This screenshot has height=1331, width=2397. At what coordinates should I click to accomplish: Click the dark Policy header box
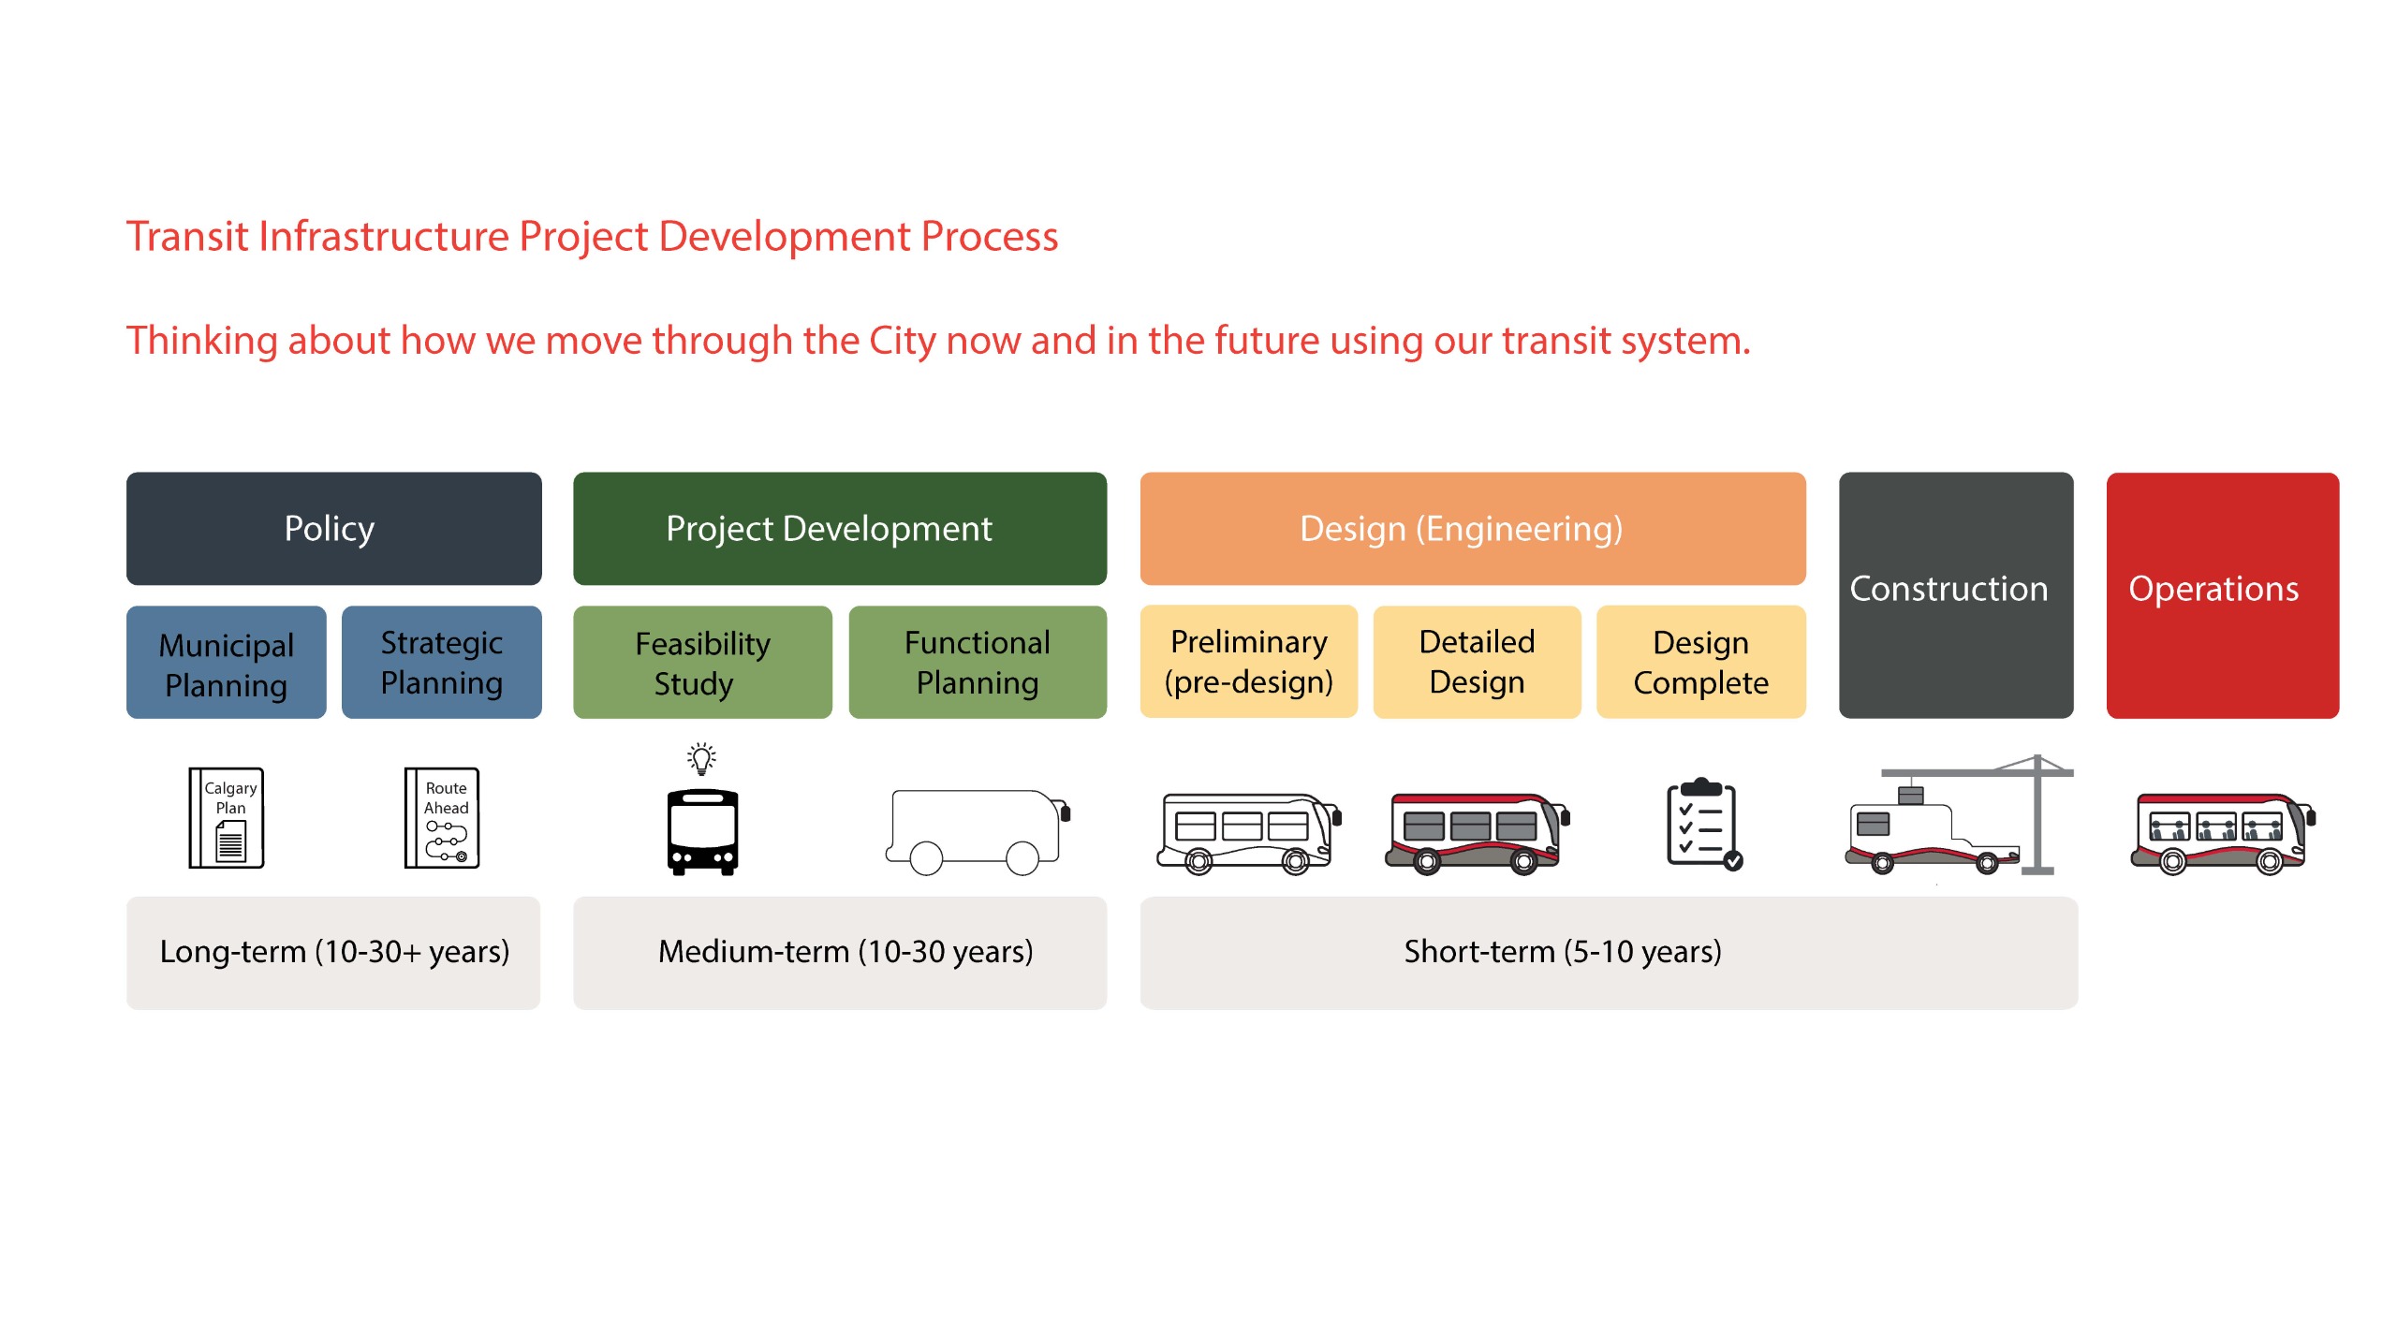[x=333, y=529]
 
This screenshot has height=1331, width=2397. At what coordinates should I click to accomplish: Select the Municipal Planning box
[x=227, y=663]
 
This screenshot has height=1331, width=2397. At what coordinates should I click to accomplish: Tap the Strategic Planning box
[x=441, y=663]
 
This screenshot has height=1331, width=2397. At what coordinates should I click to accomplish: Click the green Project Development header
[x=839, y=529]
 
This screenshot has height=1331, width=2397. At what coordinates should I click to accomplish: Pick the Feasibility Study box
[x=702, y=663]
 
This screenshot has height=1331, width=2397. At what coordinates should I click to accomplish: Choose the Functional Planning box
[x=977, y=663]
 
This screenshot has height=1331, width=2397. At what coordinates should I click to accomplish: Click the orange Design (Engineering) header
[x=1472, y=529]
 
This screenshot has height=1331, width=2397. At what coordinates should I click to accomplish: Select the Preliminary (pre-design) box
[x=1248, y=663]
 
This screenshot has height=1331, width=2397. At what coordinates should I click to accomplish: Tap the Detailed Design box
[x=1477, y=663]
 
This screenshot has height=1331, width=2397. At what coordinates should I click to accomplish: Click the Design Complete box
[x=1700, y=663]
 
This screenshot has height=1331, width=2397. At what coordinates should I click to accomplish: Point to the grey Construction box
[x=1955, y=595]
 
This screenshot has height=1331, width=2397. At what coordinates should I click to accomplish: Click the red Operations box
[x=2222, y=595]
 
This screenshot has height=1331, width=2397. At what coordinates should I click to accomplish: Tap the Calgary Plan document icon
[x=228, y=818]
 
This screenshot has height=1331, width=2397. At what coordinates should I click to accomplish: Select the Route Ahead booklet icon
[x=442, y=818]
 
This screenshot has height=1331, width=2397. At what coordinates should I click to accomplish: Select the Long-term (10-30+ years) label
[x=333, y=952]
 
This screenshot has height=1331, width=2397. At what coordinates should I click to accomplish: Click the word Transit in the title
[x=187, y=237]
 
